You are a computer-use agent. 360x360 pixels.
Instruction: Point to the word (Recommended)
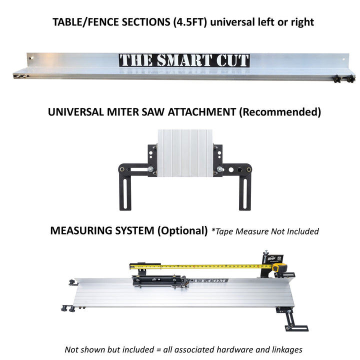[x=280, y=112]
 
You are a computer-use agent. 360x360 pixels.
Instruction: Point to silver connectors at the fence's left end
[x=20, y=77]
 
